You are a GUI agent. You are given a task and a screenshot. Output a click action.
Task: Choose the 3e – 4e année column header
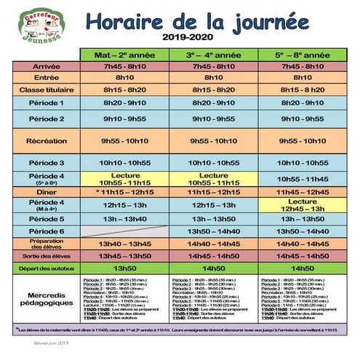pyautogui.click(x=214, y=55)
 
